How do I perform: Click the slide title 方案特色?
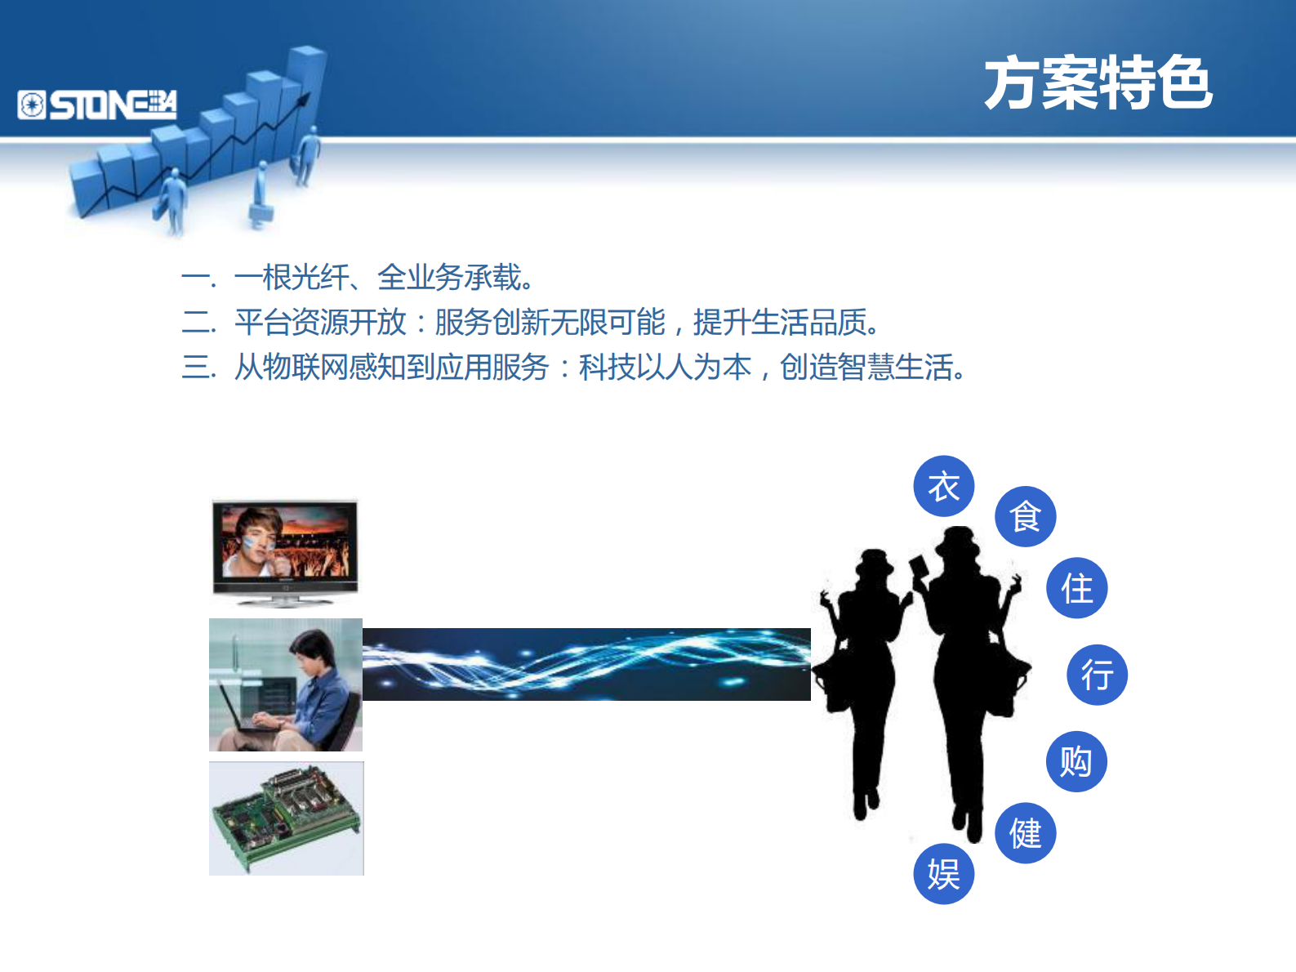[1098, 83]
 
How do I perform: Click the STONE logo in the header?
[97, 105]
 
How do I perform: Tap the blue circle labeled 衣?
[943, 487]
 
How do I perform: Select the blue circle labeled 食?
[1025, 517]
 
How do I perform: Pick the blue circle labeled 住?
[1076, 588]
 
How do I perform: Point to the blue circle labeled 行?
[1097, 675]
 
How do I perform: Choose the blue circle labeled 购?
[1076, 761]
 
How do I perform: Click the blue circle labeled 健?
[1025, 833]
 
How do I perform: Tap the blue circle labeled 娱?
[943, 874]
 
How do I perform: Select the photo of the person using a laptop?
[285, 684]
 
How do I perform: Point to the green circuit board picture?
[286, 818]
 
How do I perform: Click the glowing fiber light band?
[586, 664]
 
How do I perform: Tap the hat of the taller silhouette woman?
[957, 541]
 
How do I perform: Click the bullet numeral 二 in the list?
[198, 323]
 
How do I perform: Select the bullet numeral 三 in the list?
[198, 368]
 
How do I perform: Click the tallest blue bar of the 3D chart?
[305, 90]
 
